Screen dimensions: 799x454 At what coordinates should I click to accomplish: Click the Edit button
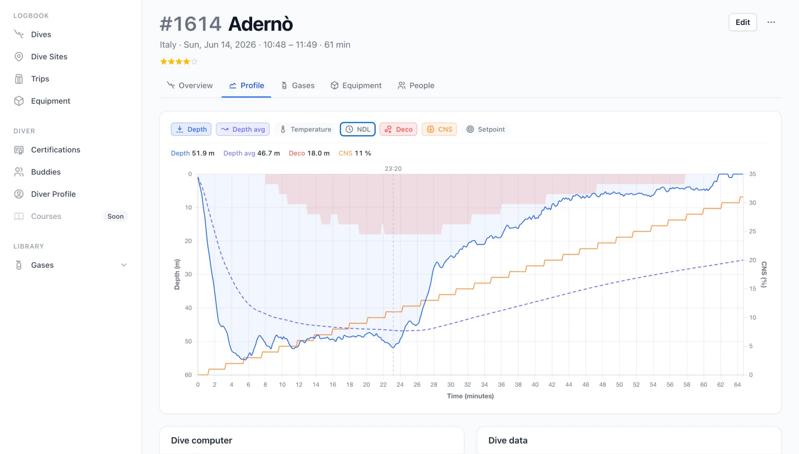coord(743,22)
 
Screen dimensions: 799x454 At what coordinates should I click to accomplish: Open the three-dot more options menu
coord(771,22)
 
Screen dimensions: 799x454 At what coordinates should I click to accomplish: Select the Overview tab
coord(190,85)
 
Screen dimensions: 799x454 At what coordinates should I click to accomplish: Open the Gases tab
coord(298,85)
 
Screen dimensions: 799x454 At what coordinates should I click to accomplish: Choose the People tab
coord(416,85)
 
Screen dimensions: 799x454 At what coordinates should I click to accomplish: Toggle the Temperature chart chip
coord(306,129)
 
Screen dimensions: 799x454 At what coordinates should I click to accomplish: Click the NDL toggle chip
coord(358,129)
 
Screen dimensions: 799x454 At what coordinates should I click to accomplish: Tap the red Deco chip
coord(399,129)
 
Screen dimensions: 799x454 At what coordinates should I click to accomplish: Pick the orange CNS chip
coord(439,129)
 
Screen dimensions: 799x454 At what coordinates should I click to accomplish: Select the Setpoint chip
coord(485,129)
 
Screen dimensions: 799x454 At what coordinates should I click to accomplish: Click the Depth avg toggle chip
coord(243,129)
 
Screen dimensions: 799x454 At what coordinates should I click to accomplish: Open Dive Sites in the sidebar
coord(49,57)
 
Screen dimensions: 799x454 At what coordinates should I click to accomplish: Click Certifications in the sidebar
coord(55,150)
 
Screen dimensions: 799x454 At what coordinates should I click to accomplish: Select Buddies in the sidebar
coord(45,172)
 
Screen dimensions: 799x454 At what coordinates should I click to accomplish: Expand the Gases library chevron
coord(123,265)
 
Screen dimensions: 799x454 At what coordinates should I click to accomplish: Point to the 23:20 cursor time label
coord(393,169)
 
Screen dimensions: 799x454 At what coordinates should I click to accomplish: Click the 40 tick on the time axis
coord(535,385)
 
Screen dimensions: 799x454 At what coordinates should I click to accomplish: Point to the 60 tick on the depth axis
coord(188,375)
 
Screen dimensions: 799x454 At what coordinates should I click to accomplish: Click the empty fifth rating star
coord(194,62)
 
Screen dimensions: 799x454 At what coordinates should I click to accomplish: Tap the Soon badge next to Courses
coord(115,217)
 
